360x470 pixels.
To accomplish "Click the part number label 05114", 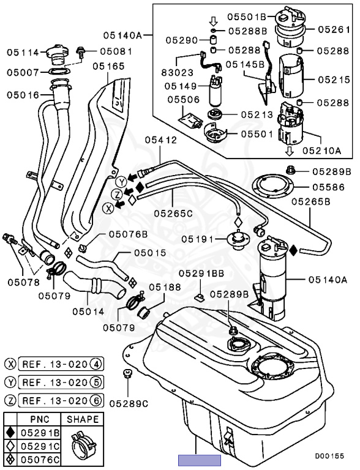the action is (23, 53).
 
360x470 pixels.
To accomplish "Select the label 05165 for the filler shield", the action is (108, 66).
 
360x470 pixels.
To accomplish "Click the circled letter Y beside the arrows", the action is (121, 182).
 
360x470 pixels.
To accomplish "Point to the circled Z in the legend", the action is (11, 400).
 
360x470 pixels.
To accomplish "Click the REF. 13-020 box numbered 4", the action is (61, 364).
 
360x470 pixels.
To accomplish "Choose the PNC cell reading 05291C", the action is (40, 446).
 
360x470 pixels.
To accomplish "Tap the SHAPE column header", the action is (83, 419).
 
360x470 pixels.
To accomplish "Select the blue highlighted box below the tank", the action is (200, 460).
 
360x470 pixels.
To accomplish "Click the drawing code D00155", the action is (329, 456).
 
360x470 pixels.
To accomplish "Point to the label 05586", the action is (329, 187).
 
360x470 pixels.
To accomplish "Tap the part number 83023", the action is (178, 73).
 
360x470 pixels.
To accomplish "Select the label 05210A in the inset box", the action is (321, 150).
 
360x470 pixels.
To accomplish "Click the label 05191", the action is (197, 239).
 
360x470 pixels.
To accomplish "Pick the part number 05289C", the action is (129, 404).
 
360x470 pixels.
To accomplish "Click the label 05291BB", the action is (201, 274).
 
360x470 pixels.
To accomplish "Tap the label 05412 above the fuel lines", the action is (161, 140).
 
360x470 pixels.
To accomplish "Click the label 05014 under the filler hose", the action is (88, 311).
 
